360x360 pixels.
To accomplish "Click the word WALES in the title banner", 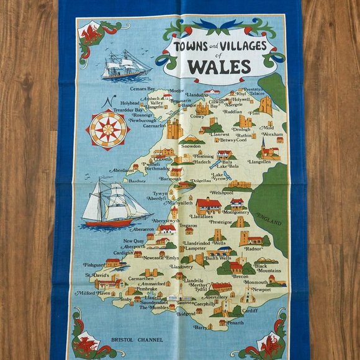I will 220,66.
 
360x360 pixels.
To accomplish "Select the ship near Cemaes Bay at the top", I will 125,65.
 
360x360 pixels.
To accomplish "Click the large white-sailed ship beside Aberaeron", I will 115,203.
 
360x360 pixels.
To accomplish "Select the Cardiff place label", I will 249,310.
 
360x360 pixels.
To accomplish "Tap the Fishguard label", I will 94,264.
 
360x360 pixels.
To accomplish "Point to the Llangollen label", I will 259,161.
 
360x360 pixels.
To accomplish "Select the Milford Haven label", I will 93,293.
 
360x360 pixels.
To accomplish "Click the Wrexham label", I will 271,134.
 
